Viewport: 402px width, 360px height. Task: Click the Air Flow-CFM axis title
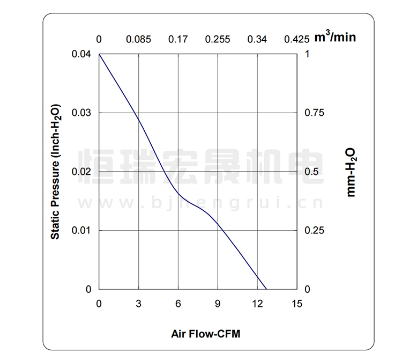point(206,334)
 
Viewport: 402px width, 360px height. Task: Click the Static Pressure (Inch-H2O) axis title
point(55,172)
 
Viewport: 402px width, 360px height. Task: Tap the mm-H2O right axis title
point(351,172)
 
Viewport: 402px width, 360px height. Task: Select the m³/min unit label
point(334,38)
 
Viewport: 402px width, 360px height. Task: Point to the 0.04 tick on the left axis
point(82,54)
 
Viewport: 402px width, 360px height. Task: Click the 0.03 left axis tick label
point(82,113)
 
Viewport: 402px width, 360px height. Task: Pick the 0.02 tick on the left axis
point(82,172)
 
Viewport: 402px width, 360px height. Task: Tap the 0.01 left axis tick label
point(82,231)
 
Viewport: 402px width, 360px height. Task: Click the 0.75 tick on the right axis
point(314,113)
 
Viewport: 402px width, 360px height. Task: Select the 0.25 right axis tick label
point(314,231)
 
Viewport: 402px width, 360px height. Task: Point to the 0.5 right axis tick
point(311,172)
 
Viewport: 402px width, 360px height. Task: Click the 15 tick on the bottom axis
point(297,304)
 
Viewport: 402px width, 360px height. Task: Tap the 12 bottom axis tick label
point(257,304)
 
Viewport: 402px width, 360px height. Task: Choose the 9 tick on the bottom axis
point(218,304)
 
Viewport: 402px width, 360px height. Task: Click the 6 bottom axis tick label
point(178,304)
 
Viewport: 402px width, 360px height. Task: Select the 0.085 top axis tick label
point(138,39)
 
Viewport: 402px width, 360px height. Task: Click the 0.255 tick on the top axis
point(218,39)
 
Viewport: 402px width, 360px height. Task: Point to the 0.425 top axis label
point(297,39)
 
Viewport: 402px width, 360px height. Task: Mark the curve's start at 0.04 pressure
point(99,54)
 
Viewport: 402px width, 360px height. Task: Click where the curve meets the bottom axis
point(267,289)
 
